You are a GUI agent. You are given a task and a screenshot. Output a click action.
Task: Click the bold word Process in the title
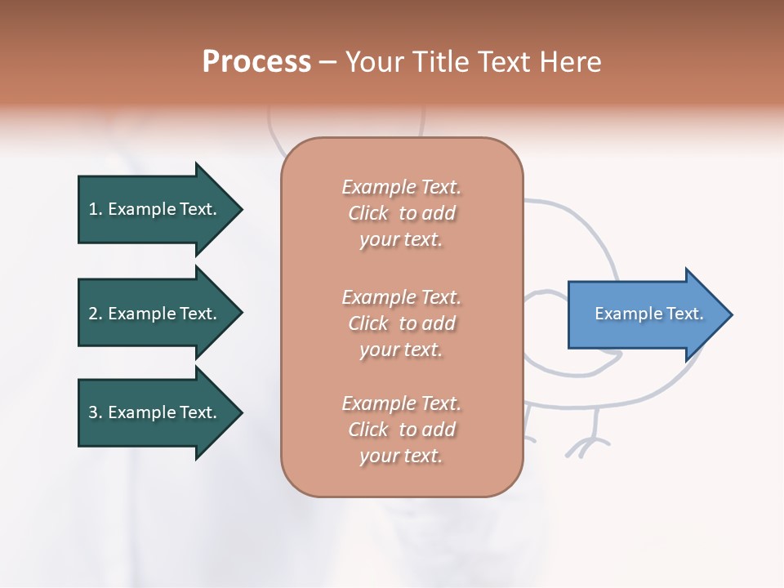point(256,62)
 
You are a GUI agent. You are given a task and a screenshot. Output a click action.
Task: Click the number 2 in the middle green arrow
point(93,314)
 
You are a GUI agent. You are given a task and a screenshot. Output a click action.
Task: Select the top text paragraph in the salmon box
point(401,213)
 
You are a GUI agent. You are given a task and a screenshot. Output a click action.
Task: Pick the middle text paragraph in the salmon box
point(401,323)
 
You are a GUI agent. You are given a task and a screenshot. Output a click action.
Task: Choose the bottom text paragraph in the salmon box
point(401,430)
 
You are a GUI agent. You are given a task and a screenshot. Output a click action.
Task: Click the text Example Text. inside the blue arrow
point(648,314)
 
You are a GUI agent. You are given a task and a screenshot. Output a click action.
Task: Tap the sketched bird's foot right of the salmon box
point(586,445)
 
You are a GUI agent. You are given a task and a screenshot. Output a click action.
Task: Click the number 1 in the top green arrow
point(93,209)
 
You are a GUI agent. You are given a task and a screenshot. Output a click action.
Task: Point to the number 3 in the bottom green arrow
point(93,412)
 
